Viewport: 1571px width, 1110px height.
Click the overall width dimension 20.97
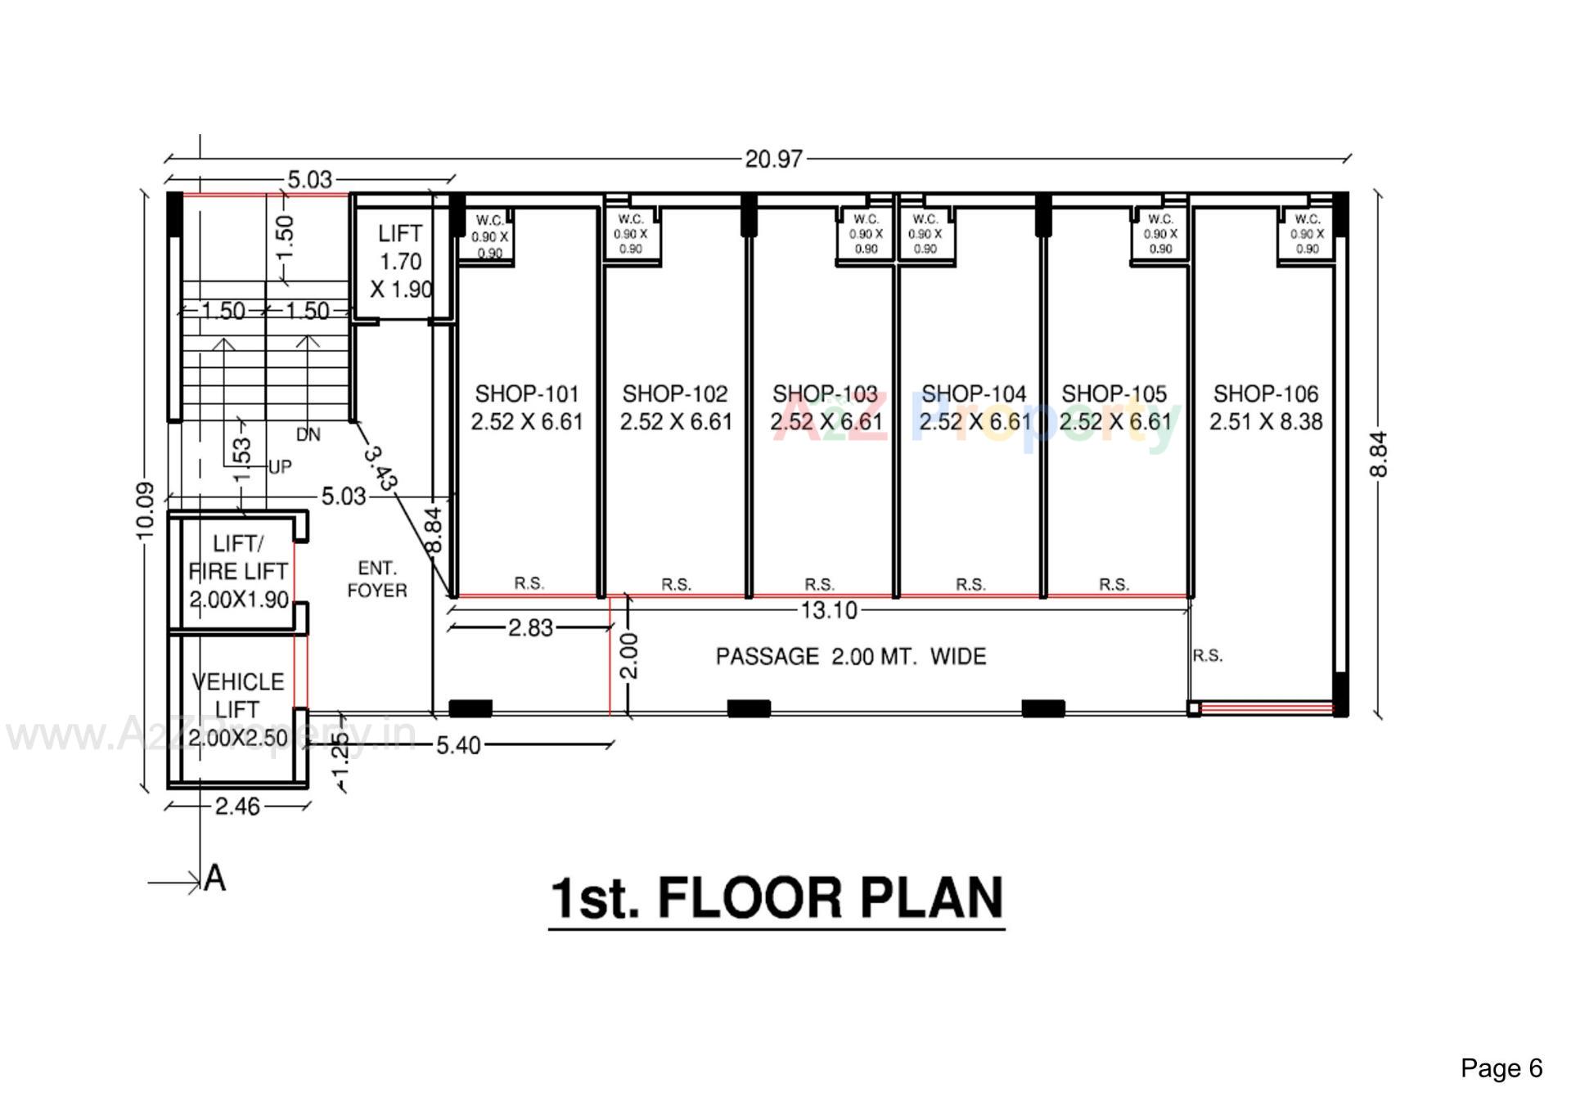click(x=773, y=159)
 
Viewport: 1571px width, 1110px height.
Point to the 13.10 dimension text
click(x=828, y=610)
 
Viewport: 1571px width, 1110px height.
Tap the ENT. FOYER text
click(x=377, y=579)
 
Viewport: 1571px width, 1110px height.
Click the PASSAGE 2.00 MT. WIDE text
click(x=851, y=657)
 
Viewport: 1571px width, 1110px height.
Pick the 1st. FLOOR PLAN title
click(x=776, y=898)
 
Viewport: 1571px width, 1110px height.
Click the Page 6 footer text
click(x=1501, y=1068)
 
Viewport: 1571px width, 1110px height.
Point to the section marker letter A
click(x=214, y=879)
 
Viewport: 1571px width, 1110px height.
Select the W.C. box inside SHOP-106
click(x=1307, y=235)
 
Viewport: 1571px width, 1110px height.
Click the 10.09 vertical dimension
click(x=145, y=510)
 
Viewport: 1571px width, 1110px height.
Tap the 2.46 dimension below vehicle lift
click(x=237, y=807)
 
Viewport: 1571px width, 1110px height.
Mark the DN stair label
click(x=308, y=435)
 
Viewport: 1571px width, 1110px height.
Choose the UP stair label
click(x=280, y=467)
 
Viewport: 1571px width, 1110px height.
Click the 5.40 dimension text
click(x=458, y=745)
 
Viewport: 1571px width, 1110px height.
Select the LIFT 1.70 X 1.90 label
click(x=400, y=262)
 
